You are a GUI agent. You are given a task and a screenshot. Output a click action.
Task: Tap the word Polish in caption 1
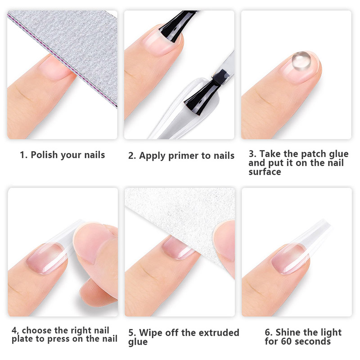click(44, 155)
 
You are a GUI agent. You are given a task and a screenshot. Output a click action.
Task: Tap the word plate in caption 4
click(22, 339)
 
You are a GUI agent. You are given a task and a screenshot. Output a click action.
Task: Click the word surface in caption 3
click(265, 172)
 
